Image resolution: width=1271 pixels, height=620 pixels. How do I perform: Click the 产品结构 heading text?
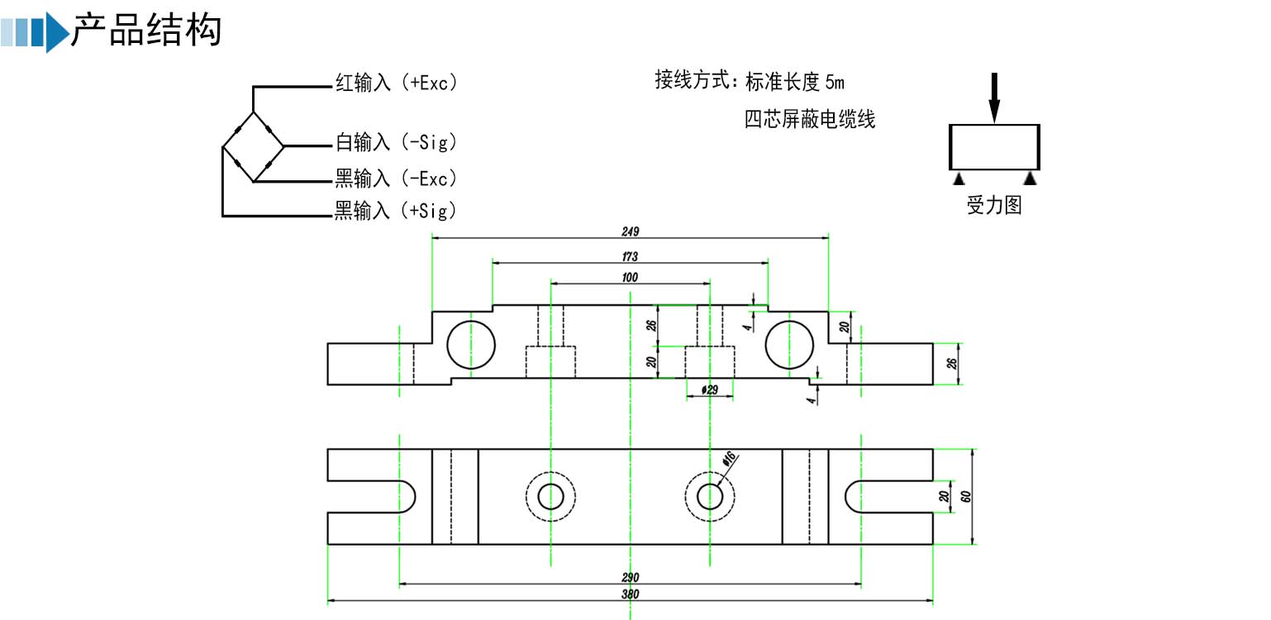(146, 31)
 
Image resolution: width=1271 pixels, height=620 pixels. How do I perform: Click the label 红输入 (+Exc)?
(395, 83)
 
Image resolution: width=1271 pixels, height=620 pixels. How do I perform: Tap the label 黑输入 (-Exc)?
(395, 178)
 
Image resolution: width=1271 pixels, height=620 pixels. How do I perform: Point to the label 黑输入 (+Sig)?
(395, 212)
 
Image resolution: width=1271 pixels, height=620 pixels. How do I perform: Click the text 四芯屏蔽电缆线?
(809, 120)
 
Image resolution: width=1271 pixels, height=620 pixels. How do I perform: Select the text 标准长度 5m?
(794, 82)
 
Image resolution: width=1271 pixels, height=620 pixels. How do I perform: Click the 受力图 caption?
(994, 206)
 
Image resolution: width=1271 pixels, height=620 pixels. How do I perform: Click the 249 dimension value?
(631, 231)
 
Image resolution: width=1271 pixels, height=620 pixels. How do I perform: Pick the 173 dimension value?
(631, 257)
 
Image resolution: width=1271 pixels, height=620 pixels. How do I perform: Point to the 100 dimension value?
(631, 278)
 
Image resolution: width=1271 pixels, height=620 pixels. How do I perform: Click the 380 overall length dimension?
(631, 594)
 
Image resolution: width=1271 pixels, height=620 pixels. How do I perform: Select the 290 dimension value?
(631, 577)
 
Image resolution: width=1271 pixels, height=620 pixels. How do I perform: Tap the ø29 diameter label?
(708, 389)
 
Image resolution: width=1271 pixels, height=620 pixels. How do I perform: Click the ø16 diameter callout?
(729, 460)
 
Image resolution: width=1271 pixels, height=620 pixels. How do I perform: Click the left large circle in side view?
(470, 344)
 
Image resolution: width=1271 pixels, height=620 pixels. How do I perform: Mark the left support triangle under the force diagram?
(958, 179)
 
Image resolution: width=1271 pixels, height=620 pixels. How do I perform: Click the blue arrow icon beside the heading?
(56, 32)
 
